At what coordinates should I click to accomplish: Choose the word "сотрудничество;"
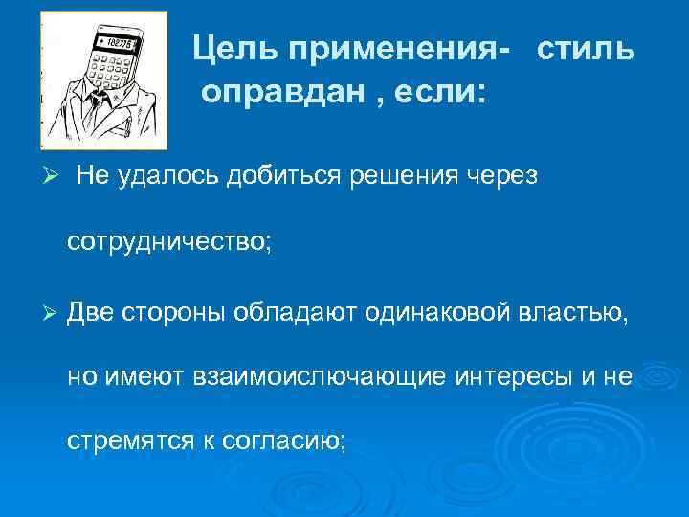(x=169, y=244)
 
